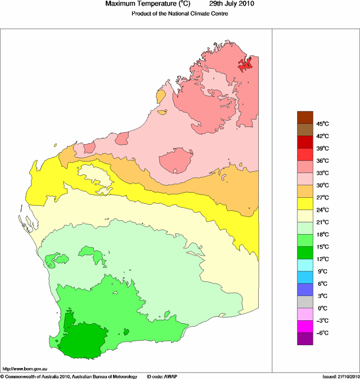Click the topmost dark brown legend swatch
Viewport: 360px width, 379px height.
pos(305,117)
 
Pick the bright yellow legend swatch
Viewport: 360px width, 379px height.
pos(305,204)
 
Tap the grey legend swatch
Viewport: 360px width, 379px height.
pos(305,302)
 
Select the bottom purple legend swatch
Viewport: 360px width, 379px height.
pos(305,339)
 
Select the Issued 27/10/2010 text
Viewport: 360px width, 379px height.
pos(340,376)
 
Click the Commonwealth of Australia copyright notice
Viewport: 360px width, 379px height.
pos(69,376)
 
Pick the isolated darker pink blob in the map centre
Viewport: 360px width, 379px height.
pos(176,160)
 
